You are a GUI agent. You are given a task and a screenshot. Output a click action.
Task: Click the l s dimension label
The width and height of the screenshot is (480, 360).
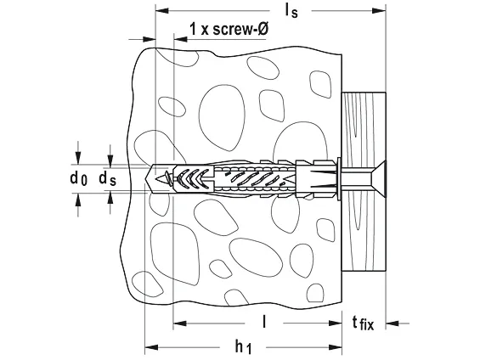pos(291,12)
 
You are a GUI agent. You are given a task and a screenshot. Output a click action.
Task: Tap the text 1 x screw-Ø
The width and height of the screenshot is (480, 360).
pos(229,30)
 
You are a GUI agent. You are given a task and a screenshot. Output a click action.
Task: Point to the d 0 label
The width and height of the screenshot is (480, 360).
pos(78,178)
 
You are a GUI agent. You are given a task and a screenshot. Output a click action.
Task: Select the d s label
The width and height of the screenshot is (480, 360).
pos(107,178)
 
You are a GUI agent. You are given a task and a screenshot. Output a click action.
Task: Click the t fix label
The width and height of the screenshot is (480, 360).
pos(363,323)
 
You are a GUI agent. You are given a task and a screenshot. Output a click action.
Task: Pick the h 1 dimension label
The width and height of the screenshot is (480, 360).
pos(243,347)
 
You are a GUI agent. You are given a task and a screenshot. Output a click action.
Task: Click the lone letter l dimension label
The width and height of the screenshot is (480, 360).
pos(264,322)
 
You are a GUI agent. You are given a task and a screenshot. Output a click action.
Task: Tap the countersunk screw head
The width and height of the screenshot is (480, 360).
pos(378,179)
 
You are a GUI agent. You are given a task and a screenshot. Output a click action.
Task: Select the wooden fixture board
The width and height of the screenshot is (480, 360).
pos(364,182)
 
